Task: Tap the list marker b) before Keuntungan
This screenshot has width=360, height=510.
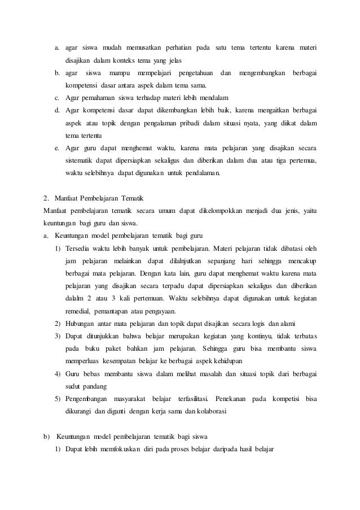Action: pos(47,436)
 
